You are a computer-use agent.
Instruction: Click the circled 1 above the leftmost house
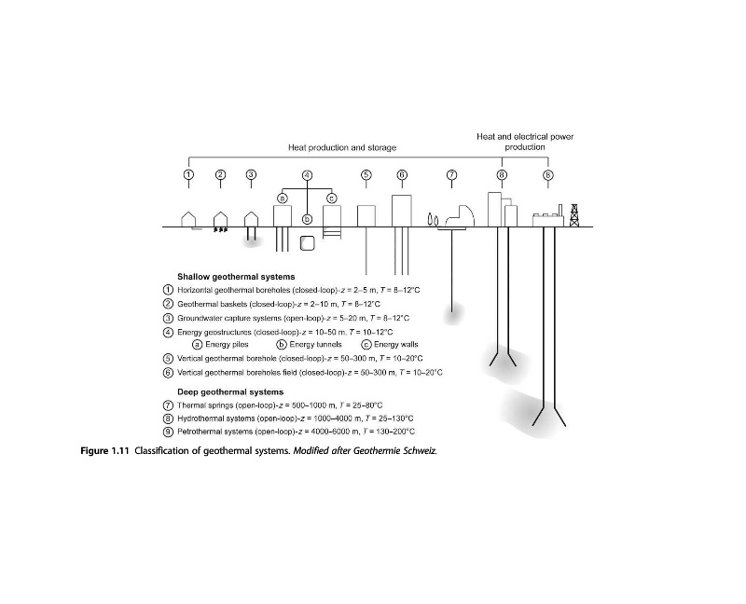(x=189, y=174)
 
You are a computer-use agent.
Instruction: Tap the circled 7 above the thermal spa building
(x=451, y=174)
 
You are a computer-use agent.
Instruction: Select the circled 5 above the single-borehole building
(x=366, y=174)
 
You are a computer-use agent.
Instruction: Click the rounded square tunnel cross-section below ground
(x=308, y=243)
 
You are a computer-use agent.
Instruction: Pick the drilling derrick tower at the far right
(x=574, y=215)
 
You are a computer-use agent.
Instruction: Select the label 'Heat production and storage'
(x=342, y=147)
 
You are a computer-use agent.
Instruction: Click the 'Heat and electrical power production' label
(x=525, y=142)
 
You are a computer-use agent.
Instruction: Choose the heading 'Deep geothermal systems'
(x=230, y=391)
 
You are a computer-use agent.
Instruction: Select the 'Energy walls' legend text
(x=396, y=345)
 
